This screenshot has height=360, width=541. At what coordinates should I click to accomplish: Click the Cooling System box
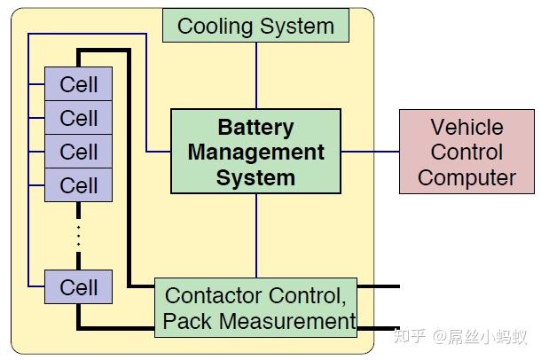[255, 26]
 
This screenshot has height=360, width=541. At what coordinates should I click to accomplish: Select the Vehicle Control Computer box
[467, 152]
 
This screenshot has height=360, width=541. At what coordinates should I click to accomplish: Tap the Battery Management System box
[255, 152]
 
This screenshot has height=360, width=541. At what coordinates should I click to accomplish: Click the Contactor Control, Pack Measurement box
[255, 308]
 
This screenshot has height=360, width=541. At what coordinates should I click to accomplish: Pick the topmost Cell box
[78, 83]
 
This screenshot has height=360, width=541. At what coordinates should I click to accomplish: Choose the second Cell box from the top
[78, 118]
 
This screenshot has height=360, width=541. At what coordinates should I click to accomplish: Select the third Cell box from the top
[78, 152]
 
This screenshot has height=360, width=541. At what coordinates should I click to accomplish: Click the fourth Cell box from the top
[78, 185]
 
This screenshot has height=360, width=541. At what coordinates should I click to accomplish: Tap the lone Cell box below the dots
[78, 287]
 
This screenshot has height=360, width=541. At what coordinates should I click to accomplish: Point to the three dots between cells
[79, 236]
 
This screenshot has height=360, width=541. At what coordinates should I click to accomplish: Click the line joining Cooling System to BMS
[256, 75]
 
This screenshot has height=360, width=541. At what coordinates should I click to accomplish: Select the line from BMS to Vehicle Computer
[370, 152]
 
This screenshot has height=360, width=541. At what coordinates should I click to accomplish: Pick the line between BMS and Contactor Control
[256, 236]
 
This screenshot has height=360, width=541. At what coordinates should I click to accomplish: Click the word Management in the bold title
[256, 153]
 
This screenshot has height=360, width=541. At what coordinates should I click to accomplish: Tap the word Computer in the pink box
[467, 178]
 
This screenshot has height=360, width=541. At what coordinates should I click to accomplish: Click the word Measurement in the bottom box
[287, 321]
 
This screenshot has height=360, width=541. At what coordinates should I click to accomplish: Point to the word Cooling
[215, 27]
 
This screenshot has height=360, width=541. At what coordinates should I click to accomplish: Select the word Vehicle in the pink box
[467, 127]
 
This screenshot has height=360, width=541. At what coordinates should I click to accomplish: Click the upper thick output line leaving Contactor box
[379, 286]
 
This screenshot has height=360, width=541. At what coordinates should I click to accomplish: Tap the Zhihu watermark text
[460, 336]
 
